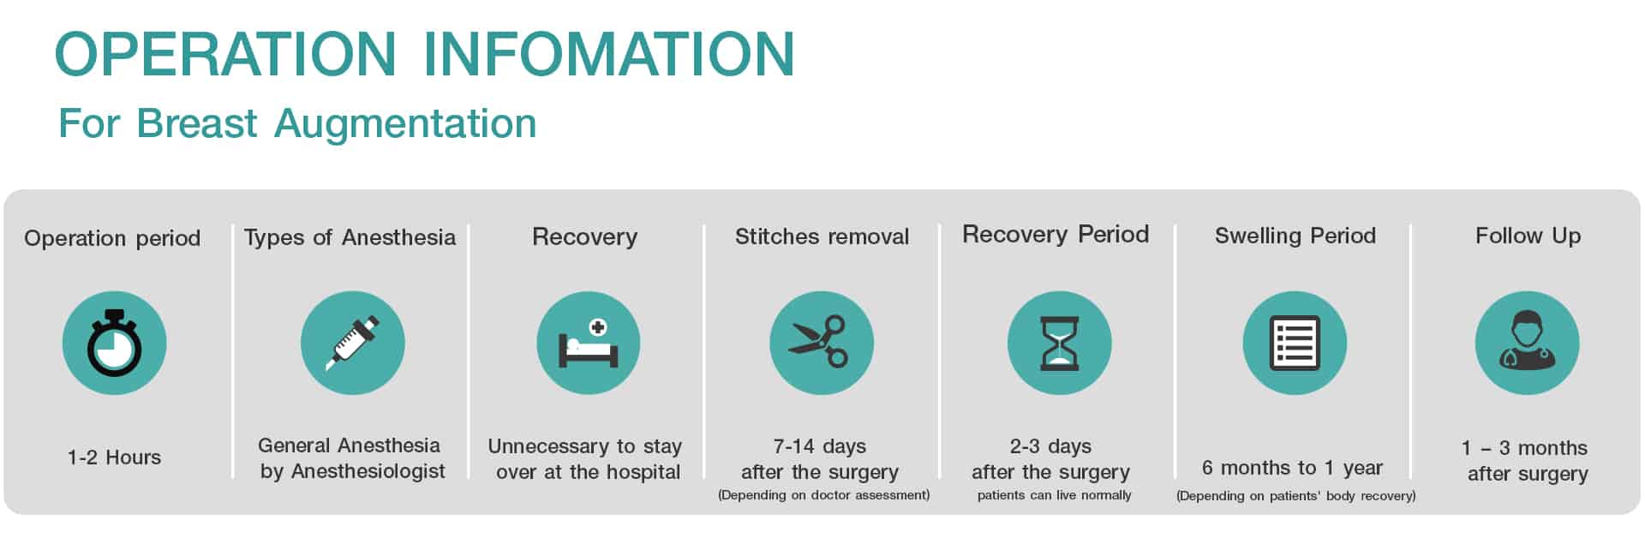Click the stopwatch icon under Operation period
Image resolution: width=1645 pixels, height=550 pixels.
(114, 344)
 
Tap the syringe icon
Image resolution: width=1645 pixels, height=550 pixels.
(352, 344)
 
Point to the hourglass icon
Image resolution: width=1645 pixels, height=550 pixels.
(1059, 344)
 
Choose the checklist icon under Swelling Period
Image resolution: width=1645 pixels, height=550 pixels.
(1295, 344)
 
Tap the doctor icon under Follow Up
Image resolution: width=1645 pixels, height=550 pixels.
(1527, 344)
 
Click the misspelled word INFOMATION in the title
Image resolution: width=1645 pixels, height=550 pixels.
(609, 54)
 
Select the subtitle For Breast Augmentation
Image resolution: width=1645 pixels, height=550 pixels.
(297, 123)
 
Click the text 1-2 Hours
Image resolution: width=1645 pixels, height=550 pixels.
(114, 457)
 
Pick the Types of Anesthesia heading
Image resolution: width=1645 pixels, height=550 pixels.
(350, 237)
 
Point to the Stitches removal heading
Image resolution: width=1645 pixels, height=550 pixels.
(822, 236)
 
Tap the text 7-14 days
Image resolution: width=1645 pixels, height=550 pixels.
(820, 446)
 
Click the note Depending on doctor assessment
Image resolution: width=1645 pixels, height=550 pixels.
(823, 495)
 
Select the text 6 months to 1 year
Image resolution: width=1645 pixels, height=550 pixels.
(1292, 468)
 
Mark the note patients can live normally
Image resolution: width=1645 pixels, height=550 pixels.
(1055, 495)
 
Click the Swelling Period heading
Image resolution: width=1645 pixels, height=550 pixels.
(1295, 236)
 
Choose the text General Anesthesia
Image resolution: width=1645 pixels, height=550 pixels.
(349, 445)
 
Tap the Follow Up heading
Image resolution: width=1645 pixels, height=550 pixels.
(1528, 236)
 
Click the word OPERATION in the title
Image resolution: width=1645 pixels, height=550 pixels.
(226, 54)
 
